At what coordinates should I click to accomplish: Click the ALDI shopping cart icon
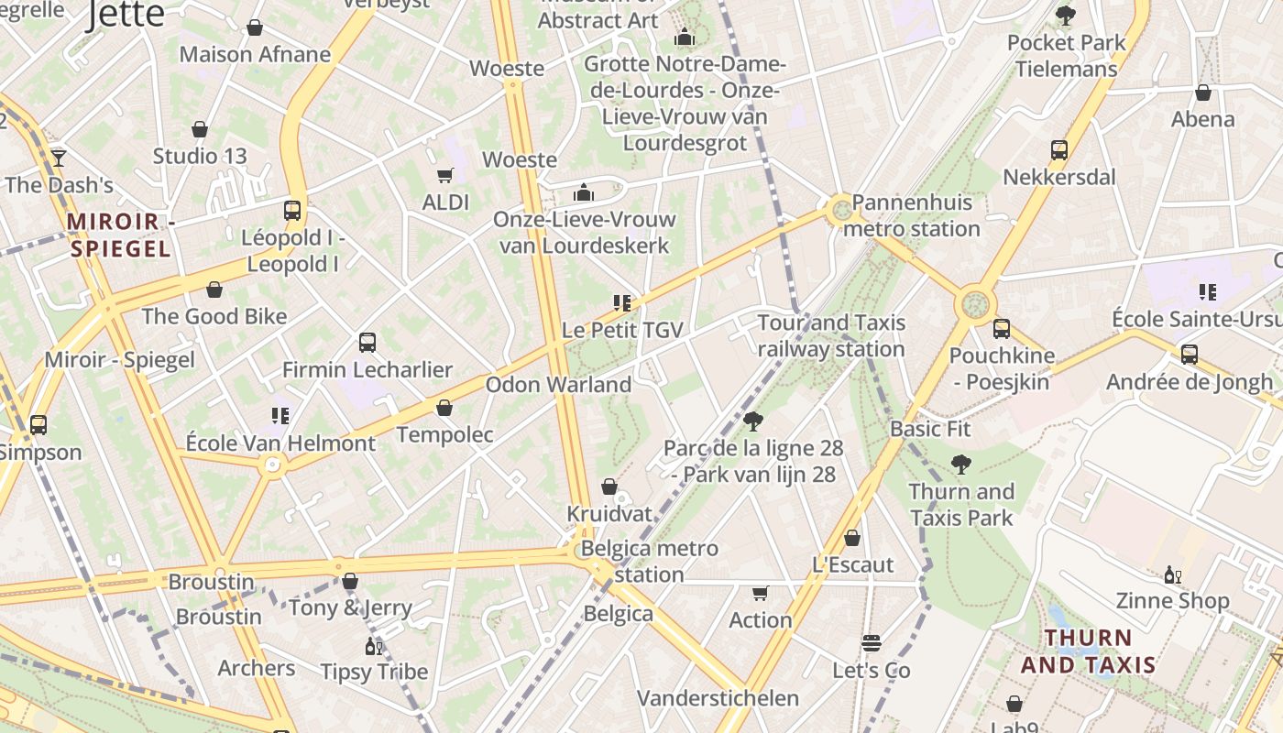tap(444, 175)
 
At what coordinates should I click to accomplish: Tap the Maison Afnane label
tap(255, 54)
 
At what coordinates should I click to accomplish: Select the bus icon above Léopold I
tap(292, 211)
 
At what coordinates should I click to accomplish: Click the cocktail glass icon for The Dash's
tap(59, 158)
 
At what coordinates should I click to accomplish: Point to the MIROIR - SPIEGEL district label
tap(120, 235)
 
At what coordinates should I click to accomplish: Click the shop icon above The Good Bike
tap(214, 290)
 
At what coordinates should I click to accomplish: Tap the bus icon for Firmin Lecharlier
tap(367, 343)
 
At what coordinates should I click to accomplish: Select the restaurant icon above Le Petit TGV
tap(623, 303)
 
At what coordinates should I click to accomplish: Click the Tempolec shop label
tap(444, 434)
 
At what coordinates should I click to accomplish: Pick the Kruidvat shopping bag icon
tap(609, 487)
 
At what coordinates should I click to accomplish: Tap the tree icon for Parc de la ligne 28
tap(753, 421)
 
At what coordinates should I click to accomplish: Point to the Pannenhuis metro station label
tap(912, 215)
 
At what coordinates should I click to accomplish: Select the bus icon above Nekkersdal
tap(1059, 149)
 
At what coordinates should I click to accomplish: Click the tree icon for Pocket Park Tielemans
tap(1066, 16)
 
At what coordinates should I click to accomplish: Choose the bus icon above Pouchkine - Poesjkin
tap(1002, 329)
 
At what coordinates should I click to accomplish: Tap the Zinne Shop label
tap(1172, 601)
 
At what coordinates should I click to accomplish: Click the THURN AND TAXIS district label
tap(1088, 651)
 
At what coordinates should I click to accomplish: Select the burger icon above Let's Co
tap(872, 643)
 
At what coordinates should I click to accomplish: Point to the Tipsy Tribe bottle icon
tap(374, 646)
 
